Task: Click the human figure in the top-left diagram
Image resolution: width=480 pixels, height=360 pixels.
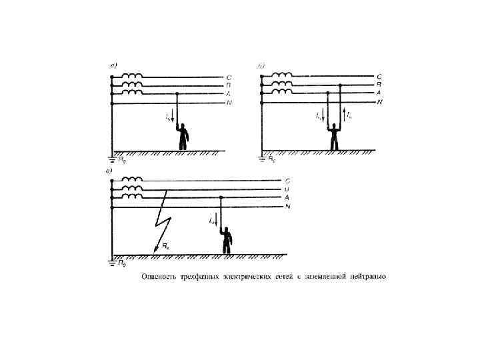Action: [182, 136]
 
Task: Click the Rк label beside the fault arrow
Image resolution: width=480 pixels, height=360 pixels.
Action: [165, 247]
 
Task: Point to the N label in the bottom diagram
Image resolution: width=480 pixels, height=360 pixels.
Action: [287, 207]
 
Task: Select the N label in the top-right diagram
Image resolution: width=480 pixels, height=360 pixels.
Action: [379, 103]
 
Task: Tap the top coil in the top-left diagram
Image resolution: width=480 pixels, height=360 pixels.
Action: [132, 76]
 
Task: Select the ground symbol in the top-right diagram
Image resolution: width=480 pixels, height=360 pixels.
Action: [262, 158]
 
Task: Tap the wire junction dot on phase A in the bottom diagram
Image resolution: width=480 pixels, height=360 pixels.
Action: [221, 198]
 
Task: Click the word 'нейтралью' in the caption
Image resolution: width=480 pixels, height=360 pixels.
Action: [368, 277]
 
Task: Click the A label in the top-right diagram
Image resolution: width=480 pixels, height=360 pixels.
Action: [379, 94]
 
